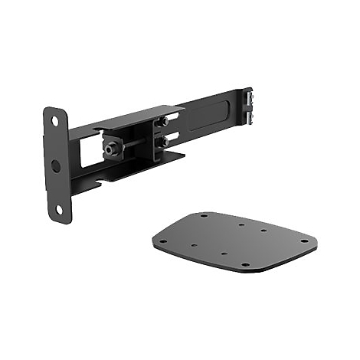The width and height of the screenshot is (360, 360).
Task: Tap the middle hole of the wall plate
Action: tap(56, 165)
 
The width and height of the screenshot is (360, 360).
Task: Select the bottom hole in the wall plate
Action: tap(59, 208)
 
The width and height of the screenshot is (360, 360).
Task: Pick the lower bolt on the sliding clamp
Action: tap(163, 142)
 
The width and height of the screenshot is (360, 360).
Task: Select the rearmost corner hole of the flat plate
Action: tap(205, 217)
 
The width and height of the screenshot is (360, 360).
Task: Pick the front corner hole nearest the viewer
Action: tap(246, 265)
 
